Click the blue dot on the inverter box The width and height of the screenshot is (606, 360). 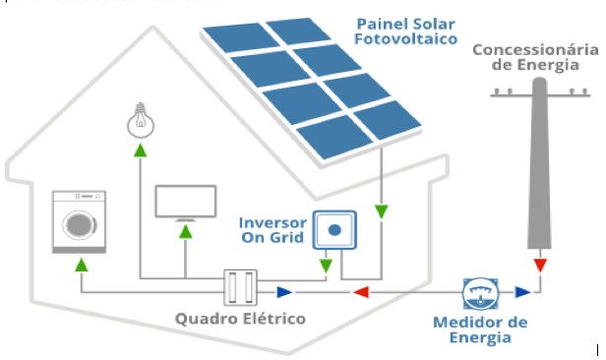tap(334, 230)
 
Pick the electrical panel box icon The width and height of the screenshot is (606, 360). tap(240, 289)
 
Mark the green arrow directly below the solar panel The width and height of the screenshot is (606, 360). tap(381, 210)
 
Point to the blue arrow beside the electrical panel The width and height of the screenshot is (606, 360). tap(283, 291)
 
